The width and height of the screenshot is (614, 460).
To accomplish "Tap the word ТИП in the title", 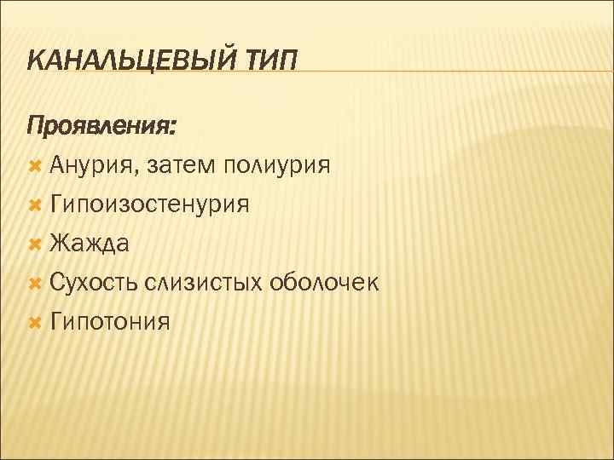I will (x=274, y=61).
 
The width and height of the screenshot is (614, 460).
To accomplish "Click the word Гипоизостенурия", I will (x=149, y=204).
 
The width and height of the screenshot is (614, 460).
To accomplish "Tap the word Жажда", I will (x=90, y=244).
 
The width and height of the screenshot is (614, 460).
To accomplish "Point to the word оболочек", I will (x=323, y=283).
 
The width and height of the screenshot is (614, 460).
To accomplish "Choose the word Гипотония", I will (x=110, y=322).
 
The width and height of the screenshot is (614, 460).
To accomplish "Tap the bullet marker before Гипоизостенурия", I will (x=35, y=204).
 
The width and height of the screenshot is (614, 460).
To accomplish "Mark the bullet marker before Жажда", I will (x=35, y=244).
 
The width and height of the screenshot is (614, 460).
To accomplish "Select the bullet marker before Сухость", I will (x=35, y=283).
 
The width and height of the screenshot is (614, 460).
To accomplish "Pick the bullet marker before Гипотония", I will (x=35, y=322).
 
